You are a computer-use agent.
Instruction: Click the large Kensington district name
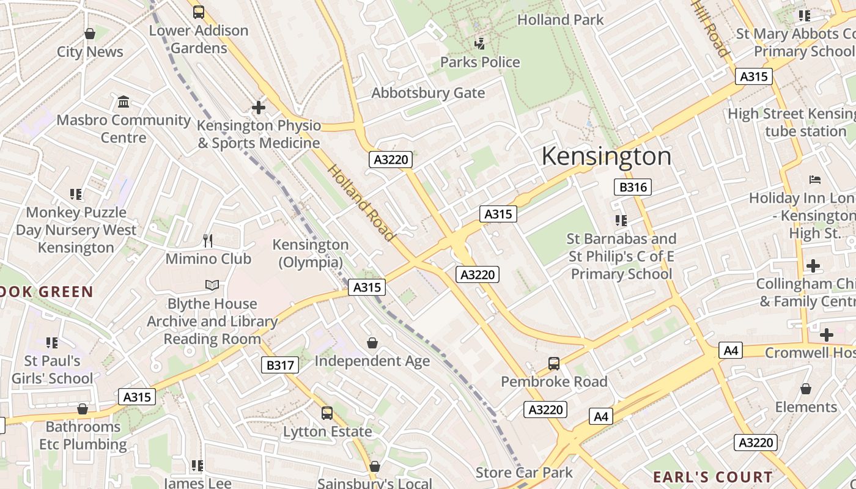click(606, 156)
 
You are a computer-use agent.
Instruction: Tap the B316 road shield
click(632, 187)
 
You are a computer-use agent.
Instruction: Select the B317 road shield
click(280, 366)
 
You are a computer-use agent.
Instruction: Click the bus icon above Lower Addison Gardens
click(199, 12)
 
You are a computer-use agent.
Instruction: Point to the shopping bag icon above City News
click(90, 34)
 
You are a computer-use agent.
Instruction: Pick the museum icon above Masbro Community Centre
click(124, 101)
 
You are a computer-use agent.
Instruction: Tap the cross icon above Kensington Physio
click(259, 108)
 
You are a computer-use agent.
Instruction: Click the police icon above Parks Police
click(480, 43)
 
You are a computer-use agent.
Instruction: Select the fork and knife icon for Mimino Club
click(208, 240)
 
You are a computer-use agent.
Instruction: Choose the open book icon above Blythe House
click(212, 285)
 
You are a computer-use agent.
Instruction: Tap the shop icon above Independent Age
click(372, 343)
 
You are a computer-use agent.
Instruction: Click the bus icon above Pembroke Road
click(554, 364)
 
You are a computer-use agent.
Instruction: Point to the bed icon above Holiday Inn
click(814, 180)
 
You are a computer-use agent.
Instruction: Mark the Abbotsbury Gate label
click(428, 93)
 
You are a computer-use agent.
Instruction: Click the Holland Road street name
click(361, 202)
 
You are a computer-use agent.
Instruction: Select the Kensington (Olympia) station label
click(311, 253)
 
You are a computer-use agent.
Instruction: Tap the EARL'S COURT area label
click(712, 477)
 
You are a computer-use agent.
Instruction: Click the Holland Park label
click(560, 20)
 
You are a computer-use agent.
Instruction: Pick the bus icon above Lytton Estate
click(327, 413)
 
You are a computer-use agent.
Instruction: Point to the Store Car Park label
click(524, 472)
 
